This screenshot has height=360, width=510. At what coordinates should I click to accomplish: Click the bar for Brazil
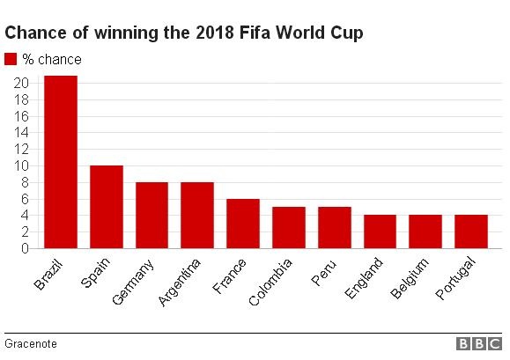(x=60, y=162)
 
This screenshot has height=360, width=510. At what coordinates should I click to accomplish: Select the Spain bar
(x=106, y=207)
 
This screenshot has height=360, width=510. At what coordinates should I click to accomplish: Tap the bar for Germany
(x=152, y=215)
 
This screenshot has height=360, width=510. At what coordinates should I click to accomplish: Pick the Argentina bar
(x=196, y=215)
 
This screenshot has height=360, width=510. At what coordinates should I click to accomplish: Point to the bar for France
(x=242, y=224)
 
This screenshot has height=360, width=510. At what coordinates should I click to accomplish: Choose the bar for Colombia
(x=288, y=227)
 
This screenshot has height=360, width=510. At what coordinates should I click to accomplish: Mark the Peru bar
(x=334, y=227)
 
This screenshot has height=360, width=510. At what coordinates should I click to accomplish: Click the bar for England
(x=380, y=231)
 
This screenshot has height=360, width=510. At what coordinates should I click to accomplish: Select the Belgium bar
(x=425, y=231)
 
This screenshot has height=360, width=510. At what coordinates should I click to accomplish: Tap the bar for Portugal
(x=470, y=231)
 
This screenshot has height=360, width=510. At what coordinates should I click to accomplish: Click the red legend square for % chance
(x=11, y=59)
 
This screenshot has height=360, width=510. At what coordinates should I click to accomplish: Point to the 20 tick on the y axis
(x=22, y=83)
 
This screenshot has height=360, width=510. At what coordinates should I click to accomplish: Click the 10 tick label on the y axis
(x=22, y=165)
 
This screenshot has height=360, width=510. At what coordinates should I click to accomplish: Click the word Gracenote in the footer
(x=30, y=343)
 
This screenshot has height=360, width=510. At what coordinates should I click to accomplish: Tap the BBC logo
(x=477, y=344)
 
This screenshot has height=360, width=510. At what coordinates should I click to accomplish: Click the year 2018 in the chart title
(x=202, y=33)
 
